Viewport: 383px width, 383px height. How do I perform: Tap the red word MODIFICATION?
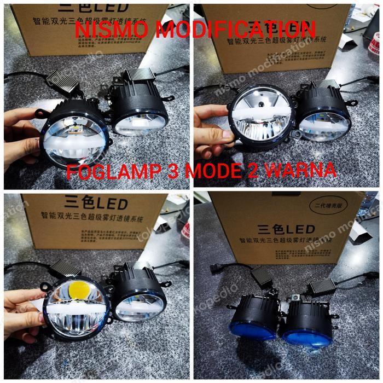235,30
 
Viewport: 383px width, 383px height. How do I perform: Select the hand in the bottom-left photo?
22,312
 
